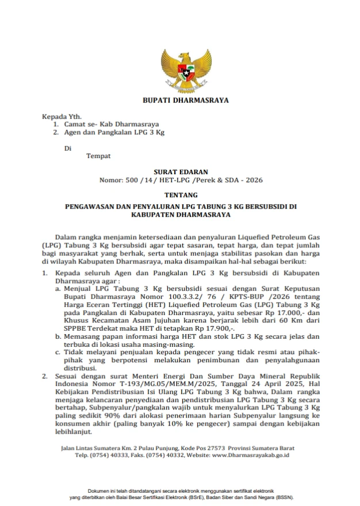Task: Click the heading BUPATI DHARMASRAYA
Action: pos(186,100)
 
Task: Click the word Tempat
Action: pos(98,155)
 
